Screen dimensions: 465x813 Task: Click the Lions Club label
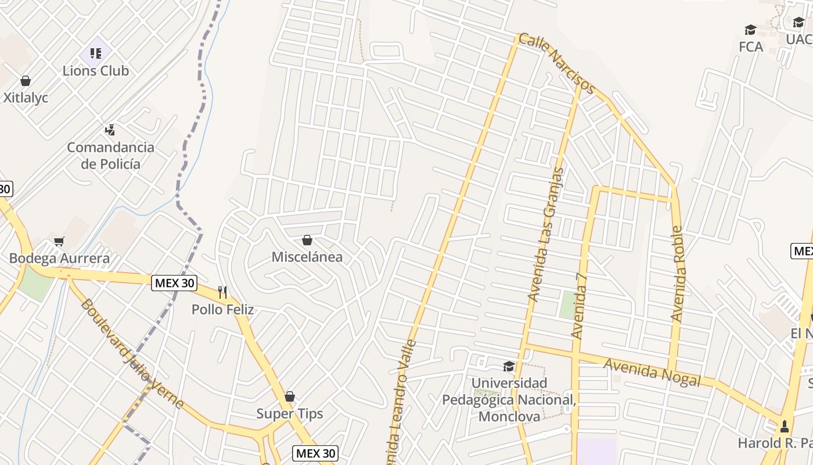[x=96, y=71]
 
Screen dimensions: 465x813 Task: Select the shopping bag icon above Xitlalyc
[x=25, y=81]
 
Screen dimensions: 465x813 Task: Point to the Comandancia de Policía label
[x=110, y=155]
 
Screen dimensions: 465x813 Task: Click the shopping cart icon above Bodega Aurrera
[x=59, y=241]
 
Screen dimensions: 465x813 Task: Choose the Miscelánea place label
[x=307, y=257]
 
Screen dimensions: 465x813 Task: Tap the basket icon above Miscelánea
[x=307, y=240]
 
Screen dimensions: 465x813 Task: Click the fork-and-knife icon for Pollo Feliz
[x=222, y=292]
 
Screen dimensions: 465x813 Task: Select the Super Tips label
[x=290, y=414]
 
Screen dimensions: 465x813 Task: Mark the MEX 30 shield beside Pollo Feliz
[x=174, y=284]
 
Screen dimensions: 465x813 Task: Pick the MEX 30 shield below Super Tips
[x=315, y=453]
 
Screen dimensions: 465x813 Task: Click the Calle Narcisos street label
[x=556, y=63]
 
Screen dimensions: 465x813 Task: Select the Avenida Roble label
[x=677, y=273]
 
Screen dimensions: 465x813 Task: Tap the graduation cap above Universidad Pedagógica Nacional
[x=509, y=366]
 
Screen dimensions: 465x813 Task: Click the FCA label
[x=751, y=46]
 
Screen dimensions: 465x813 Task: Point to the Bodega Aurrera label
[x=59, y=258]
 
